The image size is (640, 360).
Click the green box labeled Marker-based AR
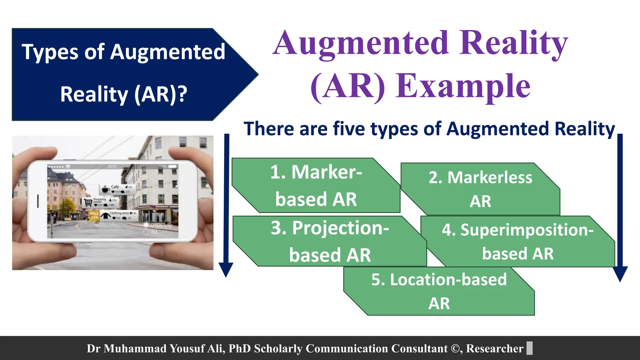(316, 186)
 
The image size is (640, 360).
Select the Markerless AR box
(480, 189)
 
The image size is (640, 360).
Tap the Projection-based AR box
(330, 241)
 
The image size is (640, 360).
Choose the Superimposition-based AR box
(517, 241)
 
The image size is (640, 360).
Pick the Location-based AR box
(439, 291)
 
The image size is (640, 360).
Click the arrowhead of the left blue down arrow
(226, 269)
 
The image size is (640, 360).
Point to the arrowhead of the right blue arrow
(620, 274)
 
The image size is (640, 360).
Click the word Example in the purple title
(463, 86)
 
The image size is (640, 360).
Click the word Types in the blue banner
(50, 52)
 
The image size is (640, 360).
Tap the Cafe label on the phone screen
(115, 187)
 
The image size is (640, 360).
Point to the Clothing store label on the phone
(119, 213)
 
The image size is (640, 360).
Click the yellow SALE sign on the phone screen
(94, 215)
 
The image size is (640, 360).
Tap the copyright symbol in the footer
(455, 348)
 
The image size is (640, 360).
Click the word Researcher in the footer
(494, 348)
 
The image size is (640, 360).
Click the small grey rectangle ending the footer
(529, 348)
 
